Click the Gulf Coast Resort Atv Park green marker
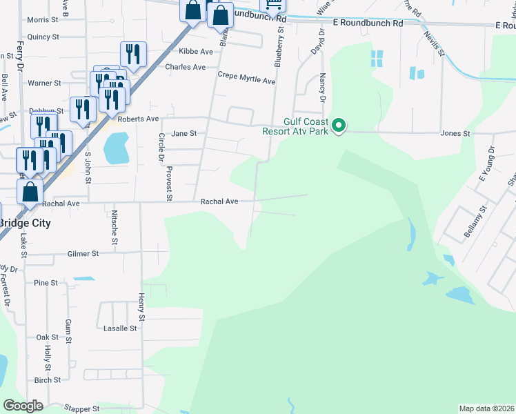click(338, 126)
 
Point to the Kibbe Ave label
click(196, 52)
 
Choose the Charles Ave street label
click(185, 68)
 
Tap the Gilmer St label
click(83, 254)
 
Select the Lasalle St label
click(120, 328)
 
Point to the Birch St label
click(48, 380)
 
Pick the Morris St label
click(43, 20)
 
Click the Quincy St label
click(43, 37)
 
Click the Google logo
click(23, 406)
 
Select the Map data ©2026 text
click(486, 408)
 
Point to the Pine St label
click(46, 283)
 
